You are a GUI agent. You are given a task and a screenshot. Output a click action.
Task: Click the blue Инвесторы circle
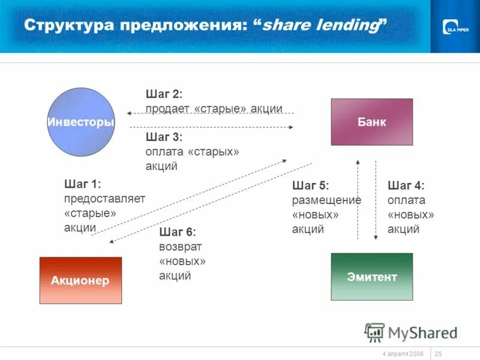80,122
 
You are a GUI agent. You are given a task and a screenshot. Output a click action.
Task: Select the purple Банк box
372,122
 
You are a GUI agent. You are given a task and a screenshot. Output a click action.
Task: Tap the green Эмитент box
372,277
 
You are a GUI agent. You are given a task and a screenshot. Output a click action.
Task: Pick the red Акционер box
80,280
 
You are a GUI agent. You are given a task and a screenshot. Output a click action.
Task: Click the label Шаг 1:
82,184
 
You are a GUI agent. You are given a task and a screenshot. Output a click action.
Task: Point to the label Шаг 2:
164,94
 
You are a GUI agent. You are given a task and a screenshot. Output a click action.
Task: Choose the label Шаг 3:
164,137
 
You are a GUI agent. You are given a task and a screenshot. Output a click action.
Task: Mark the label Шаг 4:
406,185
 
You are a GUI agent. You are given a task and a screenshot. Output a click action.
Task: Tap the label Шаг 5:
311,185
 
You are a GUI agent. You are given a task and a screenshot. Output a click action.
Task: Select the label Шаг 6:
178,232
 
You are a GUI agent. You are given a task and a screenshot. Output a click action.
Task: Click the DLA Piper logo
457,27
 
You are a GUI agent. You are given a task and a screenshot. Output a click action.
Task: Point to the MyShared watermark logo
410,332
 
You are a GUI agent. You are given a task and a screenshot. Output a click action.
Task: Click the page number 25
438,353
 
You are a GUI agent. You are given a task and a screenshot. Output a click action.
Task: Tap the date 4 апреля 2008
403,353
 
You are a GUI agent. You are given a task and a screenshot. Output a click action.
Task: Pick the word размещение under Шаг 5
326,200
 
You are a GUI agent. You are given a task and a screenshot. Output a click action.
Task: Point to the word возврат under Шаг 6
181,247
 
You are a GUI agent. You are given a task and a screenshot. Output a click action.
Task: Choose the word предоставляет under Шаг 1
104,199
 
